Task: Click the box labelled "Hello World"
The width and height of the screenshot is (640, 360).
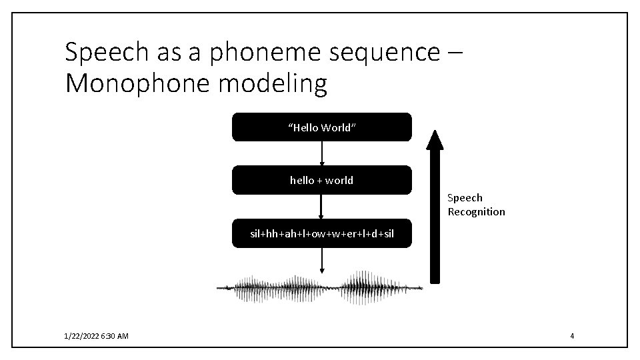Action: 321,127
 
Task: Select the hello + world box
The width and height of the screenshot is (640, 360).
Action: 321,180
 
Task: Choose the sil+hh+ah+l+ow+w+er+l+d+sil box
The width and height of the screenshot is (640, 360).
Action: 321,233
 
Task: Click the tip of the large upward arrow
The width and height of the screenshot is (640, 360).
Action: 435,132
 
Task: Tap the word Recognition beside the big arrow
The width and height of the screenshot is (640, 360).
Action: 476,212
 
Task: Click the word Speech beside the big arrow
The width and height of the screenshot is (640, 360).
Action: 465,197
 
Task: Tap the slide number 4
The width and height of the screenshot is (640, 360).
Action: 572,336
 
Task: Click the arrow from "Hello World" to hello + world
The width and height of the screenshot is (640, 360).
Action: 322,153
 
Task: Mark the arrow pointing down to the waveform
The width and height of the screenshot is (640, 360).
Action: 322,260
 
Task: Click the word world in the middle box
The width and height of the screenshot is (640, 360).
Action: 339,180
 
